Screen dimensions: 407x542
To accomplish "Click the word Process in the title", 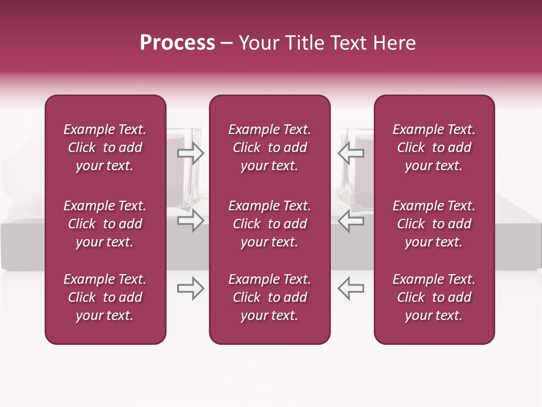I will [x=177, y=43].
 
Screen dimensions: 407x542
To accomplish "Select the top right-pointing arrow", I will [x=190, y=153].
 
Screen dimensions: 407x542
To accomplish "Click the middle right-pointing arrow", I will [x=190, y=220].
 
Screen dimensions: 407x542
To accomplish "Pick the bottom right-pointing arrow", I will [x=190, y=288].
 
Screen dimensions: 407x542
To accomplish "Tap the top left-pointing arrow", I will [x=351, y=153].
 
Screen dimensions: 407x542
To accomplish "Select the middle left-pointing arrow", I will [x=351, y=220].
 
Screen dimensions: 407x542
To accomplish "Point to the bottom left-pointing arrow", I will [x=351, y=288].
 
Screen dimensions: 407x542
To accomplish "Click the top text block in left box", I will [x=105, y=148].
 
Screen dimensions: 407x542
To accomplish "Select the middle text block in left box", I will [x=105, y=224].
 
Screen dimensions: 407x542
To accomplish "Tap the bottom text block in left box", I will [x=105, y=297].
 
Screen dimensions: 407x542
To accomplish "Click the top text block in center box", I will [x=269, y=148].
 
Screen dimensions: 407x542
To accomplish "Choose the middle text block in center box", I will [x=269, y=224].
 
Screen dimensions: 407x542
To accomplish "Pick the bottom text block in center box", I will [x=269, y=297].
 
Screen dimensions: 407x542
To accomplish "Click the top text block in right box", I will [x=434, y=148].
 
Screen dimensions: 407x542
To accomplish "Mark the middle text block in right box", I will [x=434, y=224].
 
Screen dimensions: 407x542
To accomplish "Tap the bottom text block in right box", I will [x=434, y=297].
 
